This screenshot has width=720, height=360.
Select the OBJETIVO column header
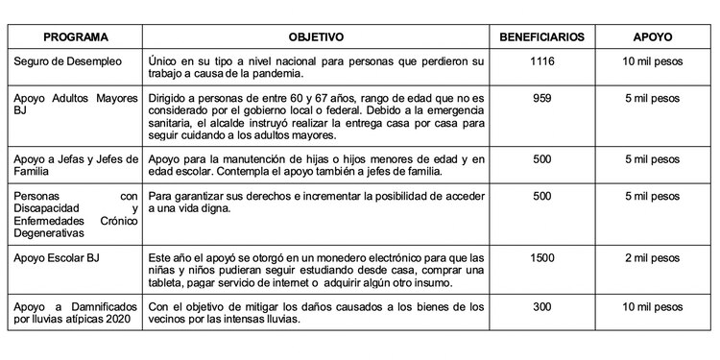pyautogui.click(x=315, y=36)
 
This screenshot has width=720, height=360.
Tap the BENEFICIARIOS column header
pyautogui.click(x=541, y=36)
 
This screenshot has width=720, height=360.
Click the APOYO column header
pyautogui.click(x=652, y=36)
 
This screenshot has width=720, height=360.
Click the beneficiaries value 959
pyautogui.click(x=542, y=98)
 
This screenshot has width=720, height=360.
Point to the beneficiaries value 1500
pyautogui.click(x=542, y=257)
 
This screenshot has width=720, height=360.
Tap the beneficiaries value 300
pyautogui.click(x=542, y=306)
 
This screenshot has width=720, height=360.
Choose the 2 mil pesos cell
pyautogui.click(x=652, y=257)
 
